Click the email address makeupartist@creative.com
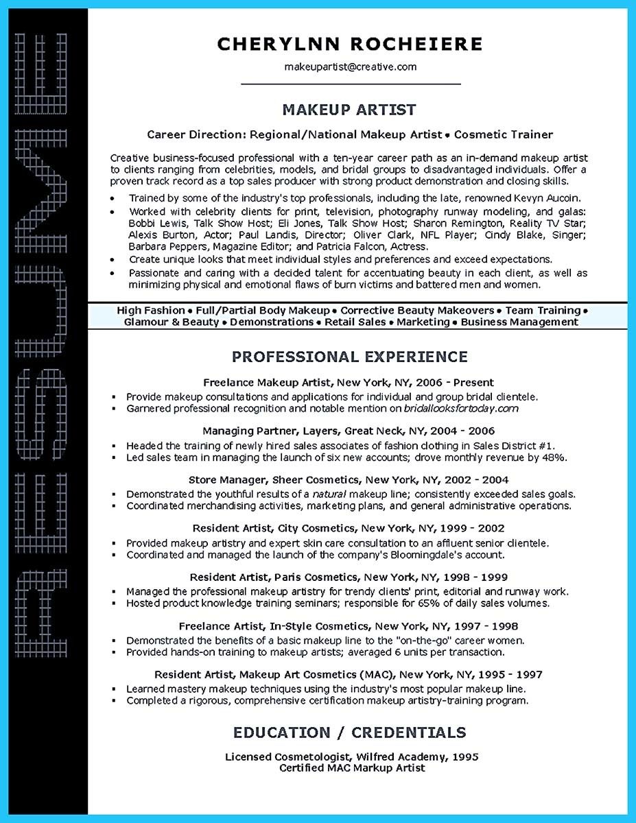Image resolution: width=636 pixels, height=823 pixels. pos(351,67)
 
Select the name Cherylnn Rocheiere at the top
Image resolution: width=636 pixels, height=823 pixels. pos(350,44)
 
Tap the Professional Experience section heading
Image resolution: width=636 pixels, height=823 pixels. pos(350,357)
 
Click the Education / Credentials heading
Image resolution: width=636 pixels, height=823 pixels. pos(350,733)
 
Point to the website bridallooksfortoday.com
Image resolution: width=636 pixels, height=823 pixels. pos(460,408)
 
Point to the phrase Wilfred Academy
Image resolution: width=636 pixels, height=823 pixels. pos(400,757)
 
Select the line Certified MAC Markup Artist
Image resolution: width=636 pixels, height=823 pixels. pos(352,768)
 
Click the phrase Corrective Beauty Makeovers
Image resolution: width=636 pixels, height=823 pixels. pos(417,311)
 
